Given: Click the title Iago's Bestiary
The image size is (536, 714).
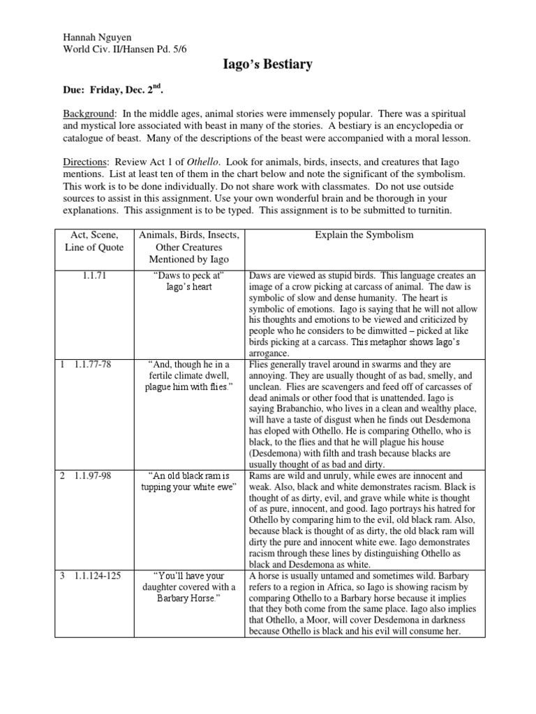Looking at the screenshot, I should pos(267,66).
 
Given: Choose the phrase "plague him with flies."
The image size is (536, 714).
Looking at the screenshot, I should pos(191,387).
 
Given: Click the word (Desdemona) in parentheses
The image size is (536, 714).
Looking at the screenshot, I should pos(276,442).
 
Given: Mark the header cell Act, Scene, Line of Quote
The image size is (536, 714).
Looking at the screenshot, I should pos(94,246).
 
